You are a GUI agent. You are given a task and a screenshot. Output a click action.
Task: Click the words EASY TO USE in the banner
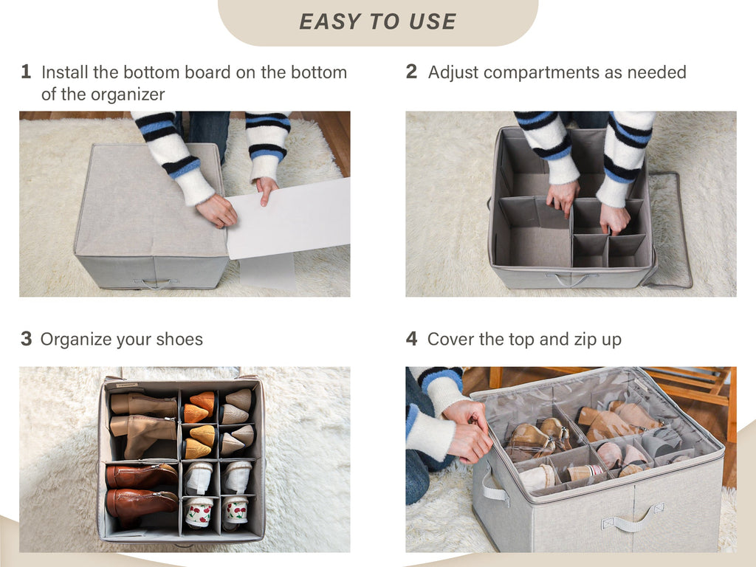coord(377,21)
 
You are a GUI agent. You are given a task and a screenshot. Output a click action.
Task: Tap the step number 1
coord(26,72)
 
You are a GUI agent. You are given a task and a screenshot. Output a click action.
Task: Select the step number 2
coord(411,72)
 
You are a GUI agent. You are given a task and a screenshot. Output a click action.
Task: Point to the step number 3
coord(26,339)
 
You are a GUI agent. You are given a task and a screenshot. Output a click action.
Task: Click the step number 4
coord(411,339)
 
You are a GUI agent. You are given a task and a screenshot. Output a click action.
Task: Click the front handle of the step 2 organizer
coord(571,279)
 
